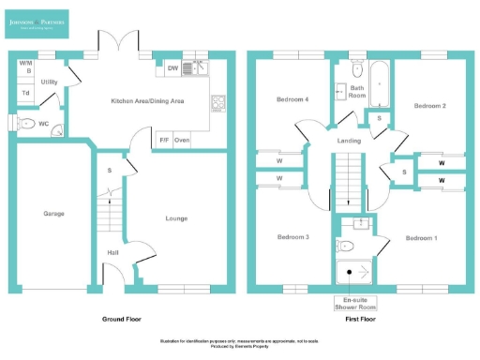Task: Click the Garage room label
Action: click(x=53, y=214)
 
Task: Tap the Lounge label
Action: click(x=176, y=218)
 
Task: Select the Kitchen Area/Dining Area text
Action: click(x=148, y=99)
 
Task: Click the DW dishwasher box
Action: click(x=172, y=67)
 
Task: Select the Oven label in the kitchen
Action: click(x=182, y=140)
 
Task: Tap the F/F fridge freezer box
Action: click(x=163, y=140)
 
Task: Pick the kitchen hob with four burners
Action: click(x=219, y=103)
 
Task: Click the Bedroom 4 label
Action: click(x=292, y=99)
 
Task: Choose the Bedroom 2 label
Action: click(x=429, y=107)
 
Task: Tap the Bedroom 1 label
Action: click(x=421, y=238)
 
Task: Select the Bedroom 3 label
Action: click(x=292, y=237)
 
